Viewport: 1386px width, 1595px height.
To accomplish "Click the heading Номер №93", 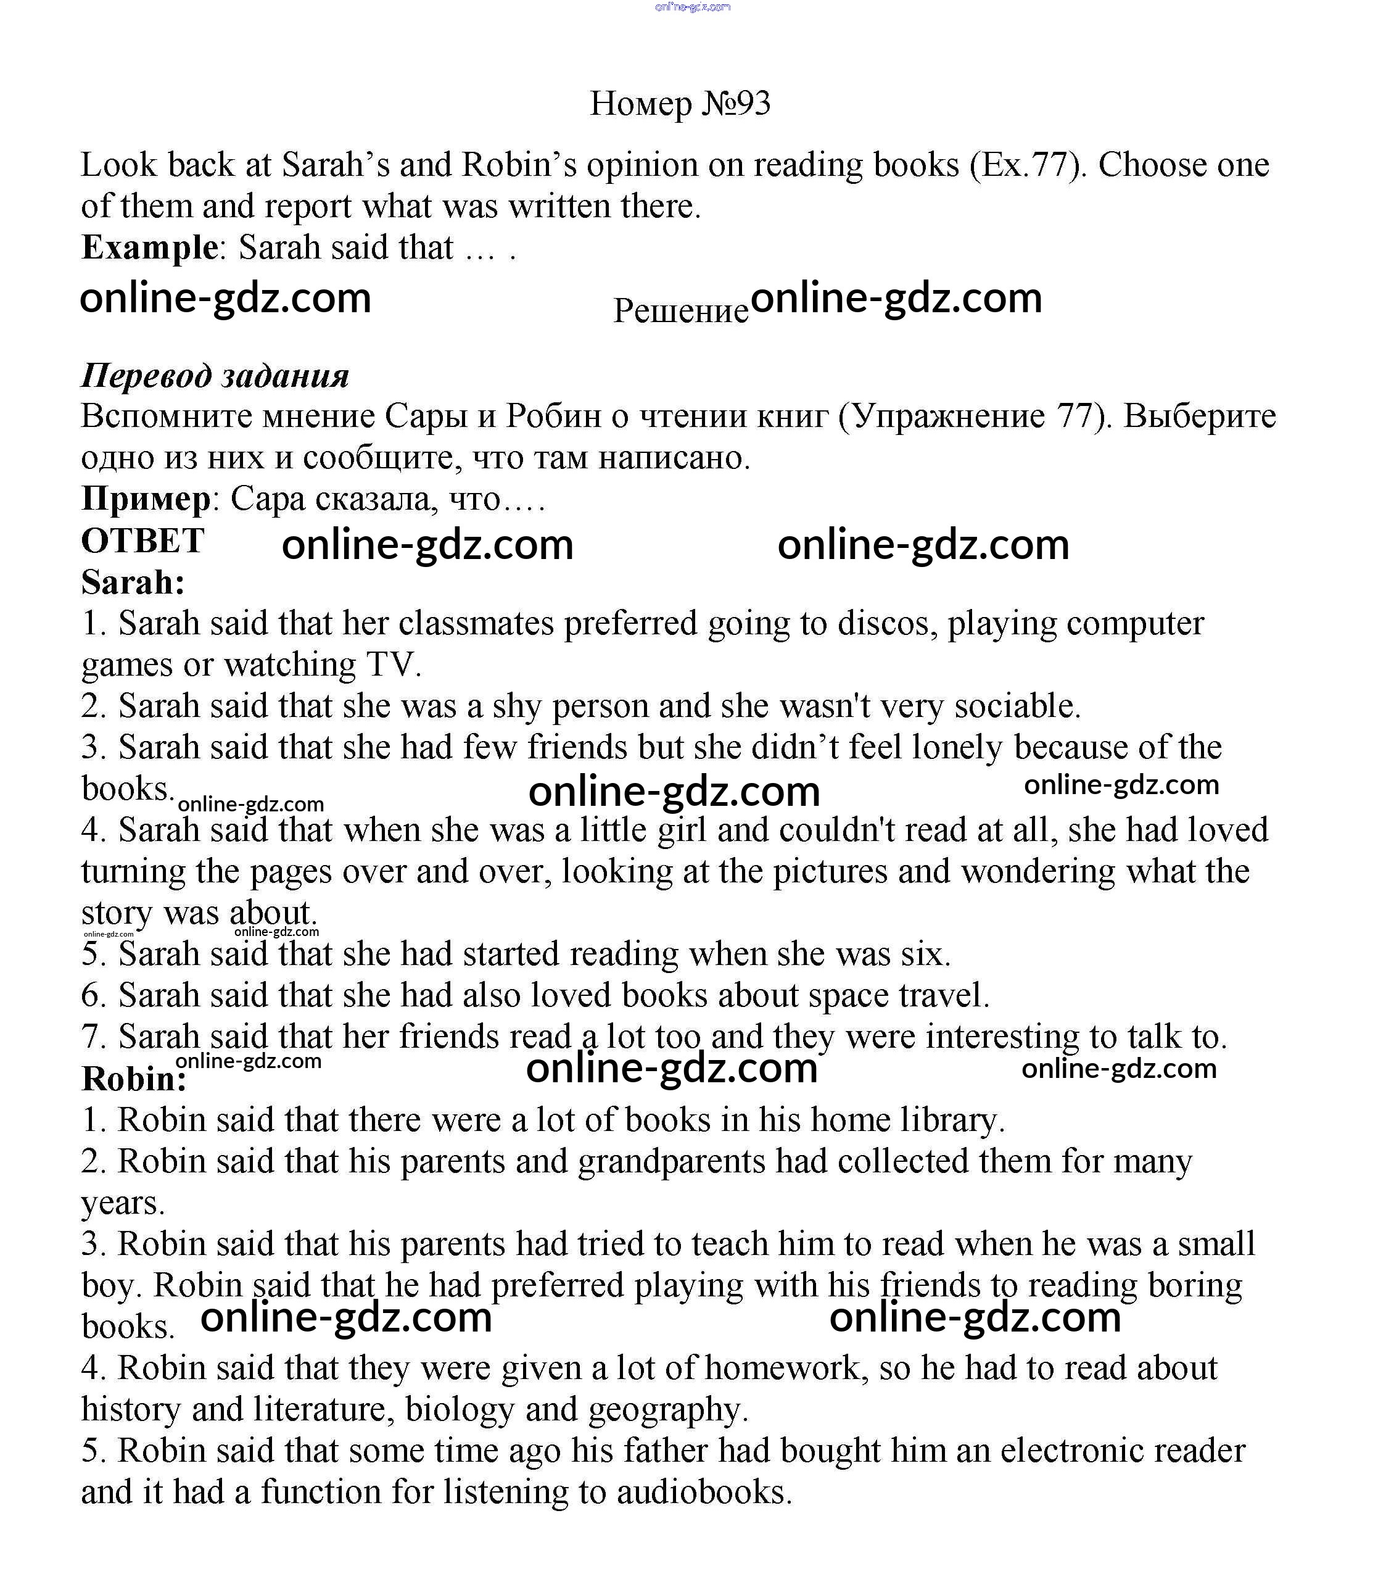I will (x=680, y=103).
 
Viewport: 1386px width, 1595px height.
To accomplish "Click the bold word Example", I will (x=150, y=247).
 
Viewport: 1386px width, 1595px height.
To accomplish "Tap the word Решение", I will (x=680, y=310).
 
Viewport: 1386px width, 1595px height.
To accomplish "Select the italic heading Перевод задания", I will (x=215, y=375).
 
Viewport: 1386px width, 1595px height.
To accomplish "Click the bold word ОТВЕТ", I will (x=142, y=540).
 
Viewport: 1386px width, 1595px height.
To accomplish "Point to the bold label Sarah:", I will (x=133, y=582).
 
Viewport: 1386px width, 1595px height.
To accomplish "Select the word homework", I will (x=781, y=1369).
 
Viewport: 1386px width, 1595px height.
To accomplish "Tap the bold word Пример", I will (x=146, y=499).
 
